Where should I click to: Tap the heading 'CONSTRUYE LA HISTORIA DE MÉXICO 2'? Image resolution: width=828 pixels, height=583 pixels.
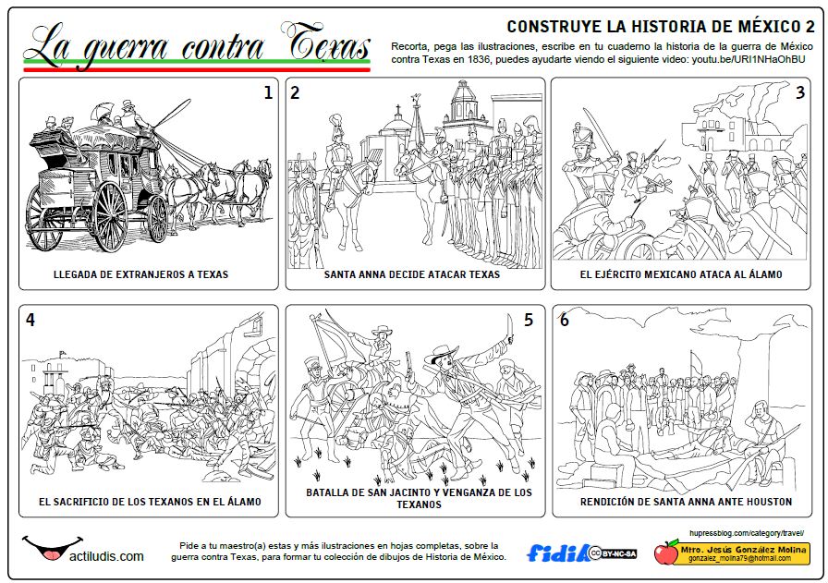click(x=660, y=26)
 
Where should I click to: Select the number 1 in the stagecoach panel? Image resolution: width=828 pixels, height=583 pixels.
click(x=268, y=92)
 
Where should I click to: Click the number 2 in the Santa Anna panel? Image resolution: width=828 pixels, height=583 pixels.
click(x=295, y=92)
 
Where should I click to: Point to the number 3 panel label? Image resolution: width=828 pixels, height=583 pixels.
click(x=800, y=92)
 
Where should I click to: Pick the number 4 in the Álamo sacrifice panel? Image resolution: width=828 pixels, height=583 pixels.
click(x=30, y=320)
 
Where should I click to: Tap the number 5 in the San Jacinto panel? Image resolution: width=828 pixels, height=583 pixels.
click(x=529, y=320)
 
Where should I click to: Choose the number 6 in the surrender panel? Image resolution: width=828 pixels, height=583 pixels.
click(x=564, y=320)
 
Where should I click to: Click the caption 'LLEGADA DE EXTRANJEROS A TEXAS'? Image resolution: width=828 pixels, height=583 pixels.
click(x=140, y=274)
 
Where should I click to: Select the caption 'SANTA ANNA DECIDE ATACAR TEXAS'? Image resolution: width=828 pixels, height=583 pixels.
click(x=412, y=274)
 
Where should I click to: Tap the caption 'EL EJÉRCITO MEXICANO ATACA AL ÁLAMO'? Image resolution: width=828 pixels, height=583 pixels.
click(x=681, y=274)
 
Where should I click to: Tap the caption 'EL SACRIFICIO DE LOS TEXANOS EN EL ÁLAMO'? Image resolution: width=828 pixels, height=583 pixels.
click(x=150, y=502)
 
